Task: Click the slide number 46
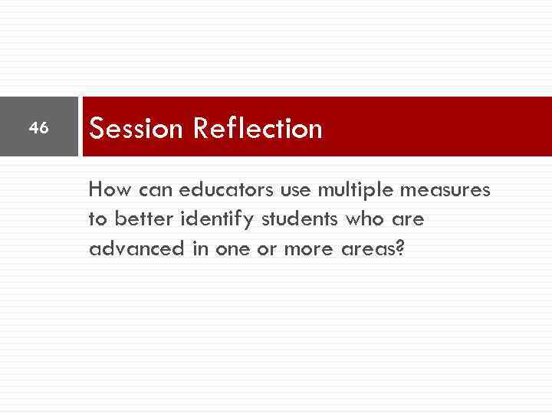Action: [x=38, y=127]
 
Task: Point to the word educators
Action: [x=217, y=189]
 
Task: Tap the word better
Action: [x=145, y=219]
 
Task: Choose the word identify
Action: [x=218, y=219]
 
